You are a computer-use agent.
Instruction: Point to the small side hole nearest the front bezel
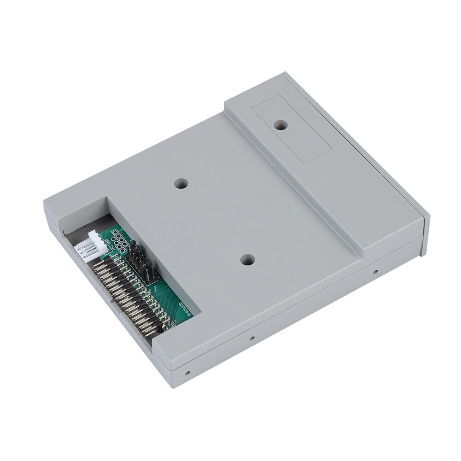click(x=376, y=272)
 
